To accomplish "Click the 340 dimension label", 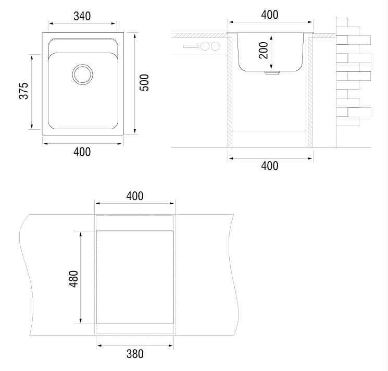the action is [82, 16].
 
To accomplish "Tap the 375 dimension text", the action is [24, 91].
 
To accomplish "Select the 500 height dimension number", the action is [144, 83].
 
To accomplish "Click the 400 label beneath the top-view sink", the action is [82, 152].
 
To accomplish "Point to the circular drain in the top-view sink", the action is [83, 74].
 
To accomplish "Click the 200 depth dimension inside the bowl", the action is [264, 51].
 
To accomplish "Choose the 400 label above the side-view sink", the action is [270, 15].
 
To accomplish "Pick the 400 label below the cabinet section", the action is [270, 166].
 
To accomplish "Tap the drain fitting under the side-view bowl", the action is [272, 73].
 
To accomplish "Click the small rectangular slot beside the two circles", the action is [191, 46].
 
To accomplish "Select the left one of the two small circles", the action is [205, 46].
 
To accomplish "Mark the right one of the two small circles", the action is [215, 46].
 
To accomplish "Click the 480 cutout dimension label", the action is [73, 279].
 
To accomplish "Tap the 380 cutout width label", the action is [135, 354].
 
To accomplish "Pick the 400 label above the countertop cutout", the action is [135, 196].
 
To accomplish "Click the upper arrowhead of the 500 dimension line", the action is [134, 36].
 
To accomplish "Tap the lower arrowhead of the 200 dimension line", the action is [271, 67].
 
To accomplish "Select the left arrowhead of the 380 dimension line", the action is [99, 345].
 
